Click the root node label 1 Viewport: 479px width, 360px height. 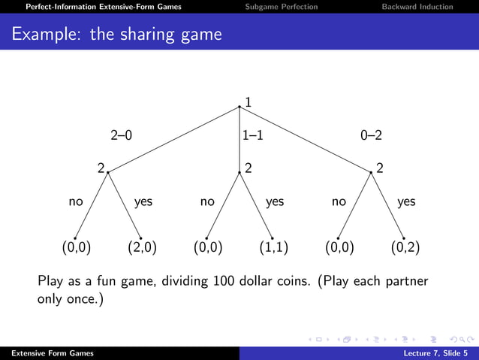[x=249, y=101]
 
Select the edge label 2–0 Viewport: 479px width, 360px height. [x=121, y=136]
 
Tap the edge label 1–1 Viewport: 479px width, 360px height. [x=252, y=136]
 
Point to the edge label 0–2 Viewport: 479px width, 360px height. [x=371, y=136]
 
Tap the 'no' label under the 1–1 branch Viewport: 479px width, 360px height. [x=208, y=201]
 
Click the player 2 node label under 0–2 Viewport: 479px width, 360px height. [x=380, y=169]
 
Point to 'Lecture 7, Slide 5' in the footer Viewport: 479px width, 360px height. [x=433, y=353]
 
